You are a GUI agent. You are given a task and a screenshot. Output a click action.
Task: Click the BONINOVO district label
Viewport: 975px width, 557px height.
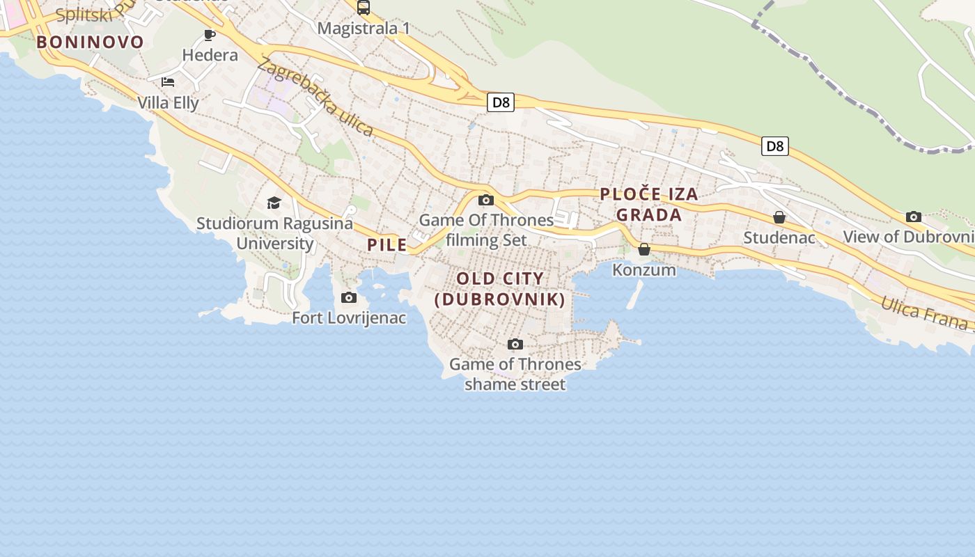pos(90,42)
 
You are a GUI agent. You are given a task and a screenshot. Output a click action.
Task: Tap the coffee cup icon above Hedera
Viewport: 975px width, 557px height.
pos(210,35)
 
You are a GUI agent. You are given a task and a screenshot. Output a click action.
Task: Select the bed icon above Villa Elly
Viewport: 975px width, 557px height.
pos(168,82)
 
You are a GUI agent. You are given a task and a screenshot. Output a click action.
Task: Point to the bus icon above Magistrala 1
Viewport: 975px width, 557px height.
pos(364,8)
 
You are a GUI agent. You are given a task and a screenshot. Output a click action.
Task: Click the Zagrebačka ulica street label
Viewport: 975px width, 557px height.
pos(315,97)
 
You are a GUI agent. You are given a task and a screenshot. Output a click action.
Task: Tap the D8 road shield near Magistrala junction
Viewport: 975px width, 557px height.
pos(501,102)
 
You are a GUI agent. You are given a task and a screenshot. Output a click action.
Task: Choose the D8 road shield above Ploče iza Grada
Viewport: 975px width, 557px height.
pos(774,146)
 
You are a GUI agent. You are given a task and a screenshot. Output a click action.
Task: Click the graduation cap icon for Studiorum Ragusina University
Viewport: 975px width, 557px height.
pos(274,203)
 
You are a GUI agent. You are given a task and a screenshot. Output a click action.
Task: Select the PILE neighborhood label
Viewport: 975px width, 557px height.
pos(387,245)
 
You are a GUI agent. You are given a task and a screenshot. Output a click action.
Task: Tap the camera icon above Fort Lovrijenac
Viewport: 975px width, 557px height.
pos(349,298)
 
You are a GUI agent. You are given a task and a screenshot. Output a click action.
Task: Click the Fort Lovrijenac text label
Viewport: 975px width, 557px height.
pos(349,318)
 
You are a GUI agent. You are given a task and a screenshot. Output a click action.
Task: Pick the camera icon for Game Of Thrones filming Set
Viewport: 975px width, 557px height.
pos(486,201)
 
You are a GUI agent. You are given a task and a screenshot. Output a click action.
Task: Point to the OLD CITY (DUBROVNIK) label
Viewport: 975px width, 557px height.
pos(499,289)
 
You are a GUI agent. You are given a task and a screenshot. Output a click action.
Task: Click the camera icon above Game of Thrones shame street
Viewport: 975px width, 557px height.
pos(515,344)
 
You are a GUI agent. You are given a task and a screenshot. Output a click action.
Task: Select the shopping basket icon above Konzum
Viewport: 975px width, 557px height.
pos(644,249)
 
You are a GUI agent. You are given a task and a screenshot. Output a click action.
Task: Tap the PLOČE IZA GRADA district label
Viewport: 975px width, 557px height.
pos(649,205)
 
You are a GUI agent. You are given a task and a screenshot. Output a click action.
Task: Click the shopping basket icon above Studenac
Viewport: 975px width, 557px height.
pos(779,218)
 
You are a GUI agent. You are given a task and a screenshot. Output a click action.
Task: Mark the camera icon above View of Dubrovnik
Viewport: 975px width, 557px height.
pos(914,217)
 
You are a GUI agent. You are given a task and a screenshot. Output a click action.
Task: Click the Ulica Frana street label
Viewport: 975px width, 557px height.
pos(925,314)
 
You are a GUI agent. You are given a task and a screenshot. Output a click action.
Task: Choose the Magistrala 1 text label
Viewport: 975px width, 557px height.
pos(364,29)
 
